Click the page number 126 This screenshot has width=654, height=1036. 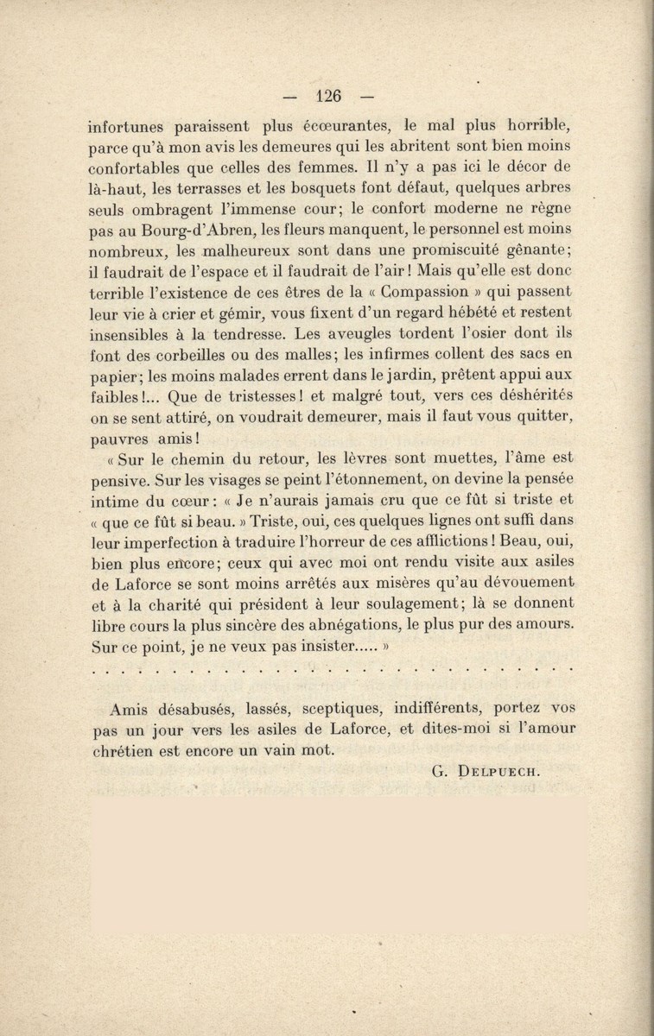tap(331, 96)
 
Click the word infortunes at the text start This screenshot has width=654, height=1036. tap(129, 125)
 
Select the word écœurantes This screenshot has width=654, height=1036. tap(365, 125)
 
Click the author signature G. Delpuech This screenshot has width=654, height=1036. tap(485, 773)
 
